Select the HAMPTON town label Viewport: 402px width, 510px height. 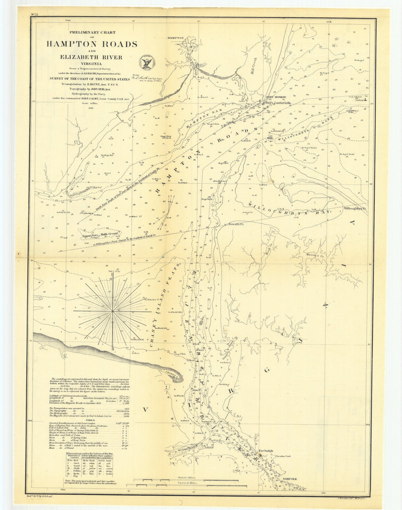point(178,38)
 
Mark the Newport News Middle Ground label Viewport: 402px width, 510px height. point(99,233)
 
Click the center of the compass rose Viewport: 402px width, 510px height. point(113,312)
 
